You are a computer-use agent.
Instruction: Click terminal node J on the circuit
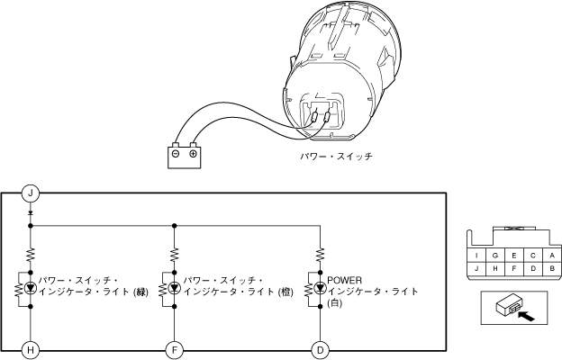point(31,193)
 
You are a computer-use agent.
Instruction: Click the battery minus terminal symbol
point(177,154)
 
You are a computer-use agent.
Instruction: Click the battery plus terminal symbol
point(193,154)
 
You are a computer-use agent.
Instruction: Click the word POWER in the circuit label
point(345,280)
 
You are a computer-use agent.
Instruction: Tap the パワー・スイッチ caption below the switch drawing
point(335,156)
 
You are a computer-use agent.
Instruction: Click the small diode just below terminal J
point(31,214)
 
